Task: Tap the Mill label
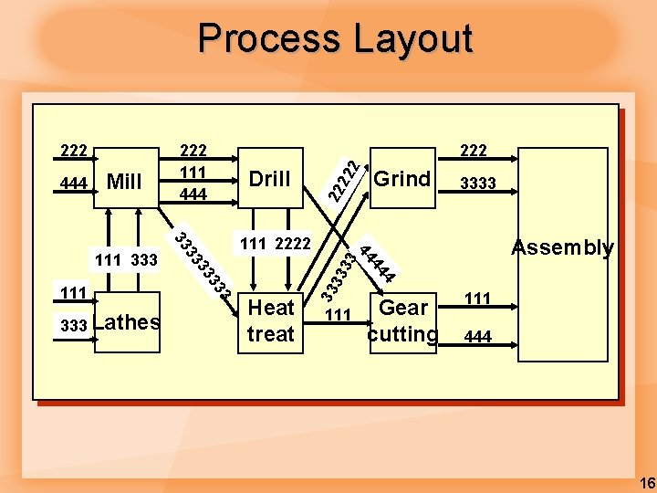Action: tap(124, 182)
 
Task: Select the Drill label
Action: tap(269, 179)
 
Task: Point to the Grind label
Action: tap(401, 179)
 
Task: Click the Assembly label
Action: tap(562, 247)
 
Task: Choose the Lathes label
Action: tap(127, 321)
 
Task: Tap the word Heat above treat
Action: tap(271, 308)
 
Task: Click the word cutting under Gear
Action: tap(402, 334)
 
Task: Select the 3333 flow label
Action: tap(477, 184)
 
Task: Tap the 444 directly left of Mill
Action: tap(73, 184)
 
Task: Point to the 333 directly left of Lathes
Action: tap(73, 325)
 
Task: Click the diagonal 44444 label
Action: tap(377, 262)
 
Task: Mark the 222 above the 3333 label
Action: tap(474, 150)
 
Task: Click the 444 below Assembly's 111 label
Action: tap(477, 337)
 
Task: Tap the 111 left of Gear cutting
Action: tap(338, 315)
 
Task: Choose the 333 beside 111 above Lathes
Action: tap(144, 261)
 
